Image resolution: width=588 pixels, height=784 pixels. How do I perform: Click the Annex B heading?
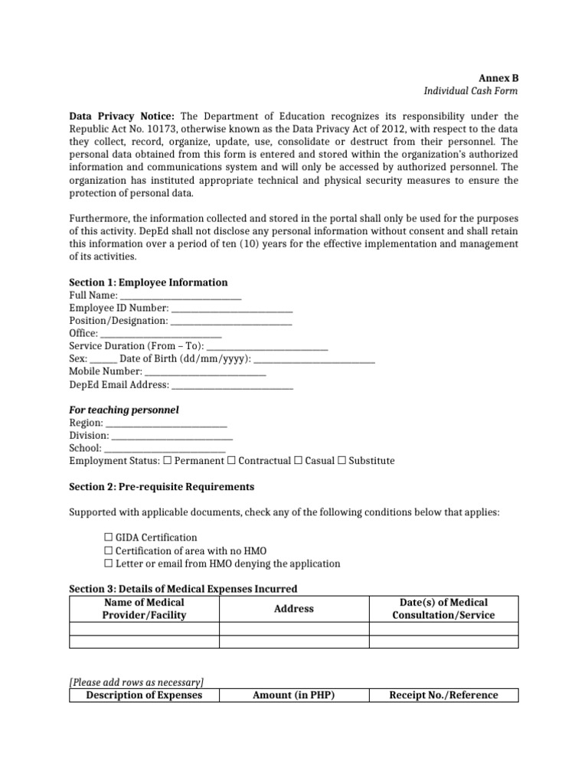pos(498,78)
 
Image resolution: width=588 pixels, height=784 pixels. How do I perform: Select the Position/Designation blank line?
pos(231,322)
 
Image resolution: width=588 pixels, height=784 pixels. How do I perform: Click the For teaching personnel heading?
pos(124,410)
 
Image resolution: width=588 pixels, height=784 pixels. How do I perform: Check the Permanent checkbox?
pos(168,461)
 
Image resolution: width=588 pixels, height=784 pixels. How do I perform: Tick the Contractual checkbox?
pos(233,461)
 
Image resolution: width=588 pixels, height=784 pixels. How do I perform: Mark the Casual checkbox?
pos(298,461)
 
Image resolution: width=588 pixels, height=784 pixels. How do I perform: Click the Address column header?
pos(294,609)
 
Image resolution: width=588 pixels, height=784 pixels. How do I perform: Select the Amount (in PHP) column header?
pos(294,695)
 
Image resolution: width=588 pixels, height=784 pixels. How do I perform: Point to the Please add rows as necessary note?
pos(136,682)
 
